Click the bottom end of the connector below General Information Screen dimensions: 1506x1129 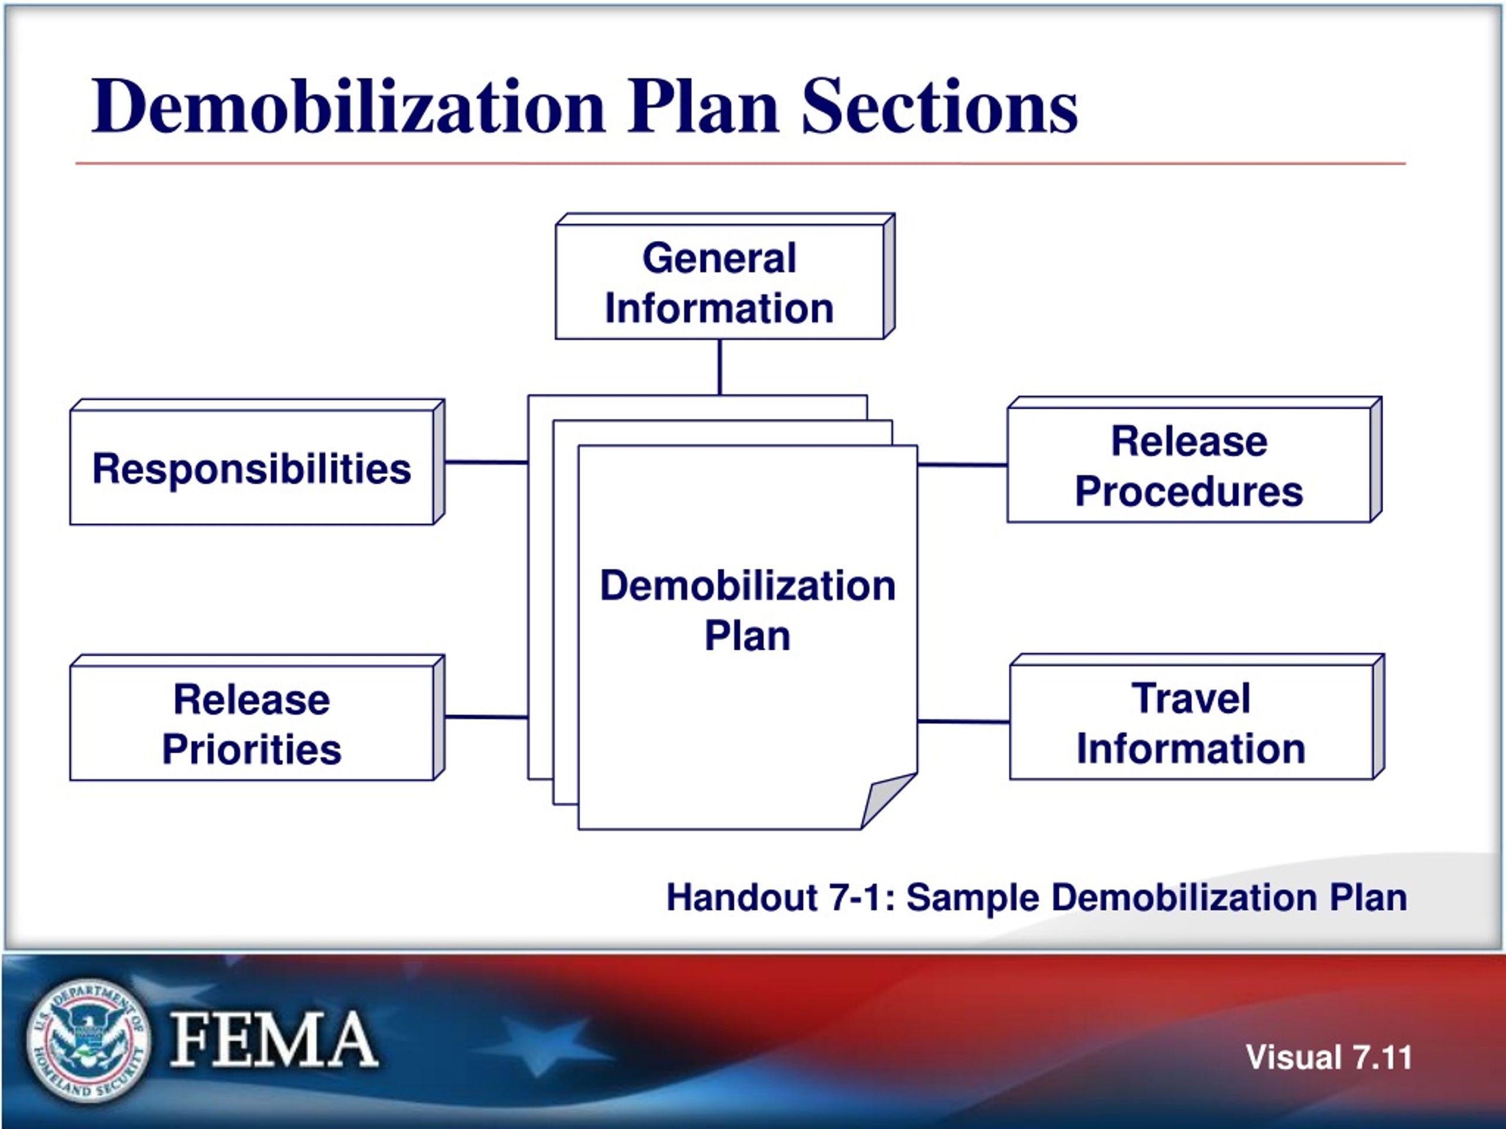coord(719,395)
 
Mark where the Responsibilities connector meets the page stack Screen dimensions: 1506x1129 coord(528,463)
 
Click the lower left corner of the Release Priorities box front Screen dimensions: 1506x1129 coord(71,779)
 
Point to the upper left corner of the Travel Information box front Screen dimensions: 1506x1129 coord(1010,666)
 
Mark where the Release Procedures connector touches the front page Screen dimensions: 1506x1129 coord(918,465)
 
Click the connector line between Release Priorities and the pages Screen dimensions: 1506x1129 coord(487,717)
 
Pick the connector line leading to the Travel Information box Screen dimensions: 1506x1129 coord(964,722)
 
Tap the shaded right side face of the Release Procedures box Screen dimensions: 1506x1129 coord(1376,460)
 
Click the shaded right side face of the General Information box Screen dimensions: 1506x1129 coord(889,276)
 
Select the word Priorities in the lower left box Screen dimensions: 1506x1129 coord(252,750)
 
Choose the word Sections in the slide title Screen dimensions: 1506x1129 coord(939,106)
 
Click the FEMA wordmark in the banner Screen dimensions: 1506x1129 coord(274,1038)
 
